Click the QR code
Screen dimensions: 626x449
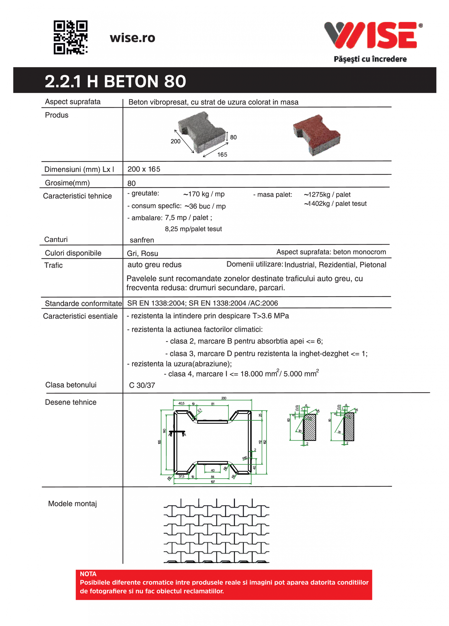pyautogui.click(x=70, y=37)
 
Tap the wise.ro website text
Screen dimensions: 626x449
pyautogui.click(x=132, y=38)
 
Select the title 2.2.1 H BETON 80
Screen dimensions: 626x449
pyautogui.click(x=115, y=81)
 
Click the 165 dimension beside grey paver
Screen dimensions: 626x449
pyautogui.click(x=222, y=154)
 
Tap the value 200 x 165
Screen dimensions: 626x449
pyautogui.click(x=143, y=169)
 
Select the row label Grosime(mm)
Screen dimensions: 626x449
pyautogui.click(x=67, y=183)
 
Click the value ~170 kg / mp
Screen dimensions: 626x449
pyautogui.click(x=204, y=194)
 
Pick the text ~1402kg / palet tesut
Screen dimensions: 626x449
pyautogui.click(x=335, y=203)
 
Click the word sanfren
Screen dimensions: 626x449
pyautogui.click(x=142, y=240)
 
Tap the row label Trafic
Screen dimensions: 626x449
pyautogui.click(x=53, y=265)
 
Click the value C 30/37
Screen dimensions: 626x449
pyautogui.click(x=142, y=385)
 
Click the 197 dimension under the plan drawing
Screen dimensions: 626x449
pyautogui.click(x=213, y=482)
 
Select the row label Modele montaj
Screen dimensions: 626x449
pyautogui.click(x=72, y=504)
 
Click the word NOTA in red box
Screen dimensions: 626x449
pyautogui.click(x=88, y=574)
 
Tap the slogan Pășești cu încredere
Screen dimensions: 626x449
pyautogui.click(x=370, y=59)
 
